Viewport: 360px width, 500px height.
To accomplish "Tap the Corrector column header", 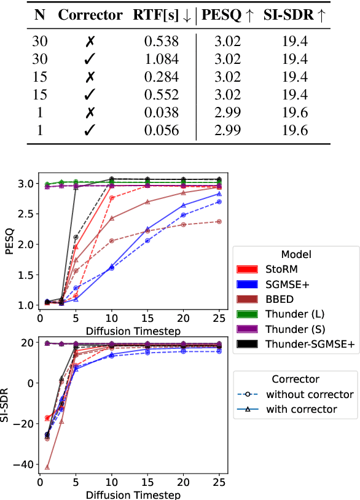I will (90, 15).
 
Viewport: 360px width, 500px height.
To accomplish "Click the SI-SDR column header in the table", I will (294, 15).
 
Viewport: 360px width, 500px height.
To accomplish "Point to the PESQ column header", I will (229, 15).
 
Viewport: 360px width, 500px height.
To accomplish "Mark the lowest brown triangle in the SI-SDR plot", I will (47, 467).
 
